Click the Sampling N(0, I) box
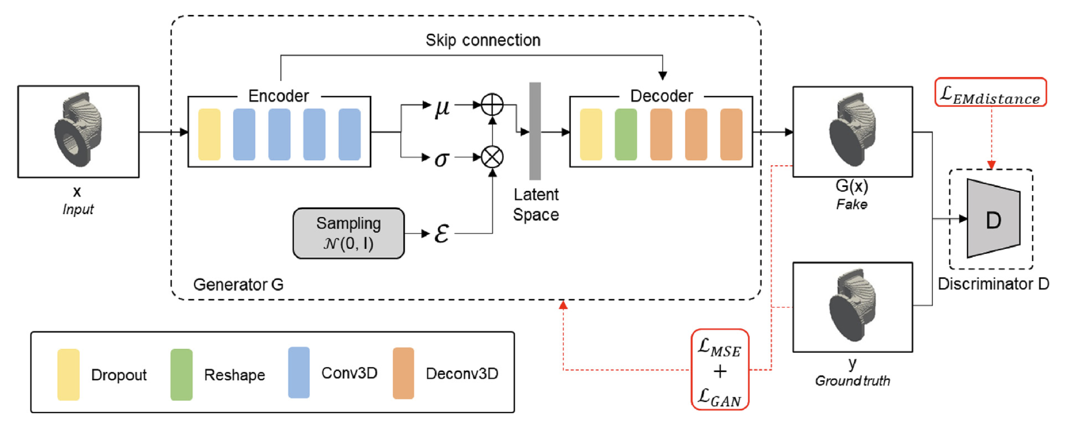(x=348, y=233)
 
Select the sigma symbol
(x=441, y=158)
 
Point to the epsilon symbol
(x=441, y=233)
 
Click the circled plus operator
(x=492, y=105)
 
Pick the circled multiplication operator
(x=492, y=157)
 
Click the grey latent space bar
(x=534, y=131)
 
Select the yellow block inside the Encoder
(x=209, y=134)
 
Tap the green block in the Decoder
(x=626, y=134)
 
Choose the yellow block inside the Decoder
(x=591, y=134)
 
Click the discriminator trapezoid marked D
(x=993, y=219)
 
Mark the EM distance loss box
(x=990, y=93)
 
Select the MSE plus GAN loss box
(x=720, y=370)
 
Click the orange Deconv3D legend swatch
(x=403, y=373)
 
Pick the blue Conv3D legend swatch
(x=298, y=373)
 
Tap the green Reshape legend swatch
(x=181, y=374)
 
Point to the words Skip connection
(x=483, y=40)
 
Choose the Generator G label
(x=238, y=284)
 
